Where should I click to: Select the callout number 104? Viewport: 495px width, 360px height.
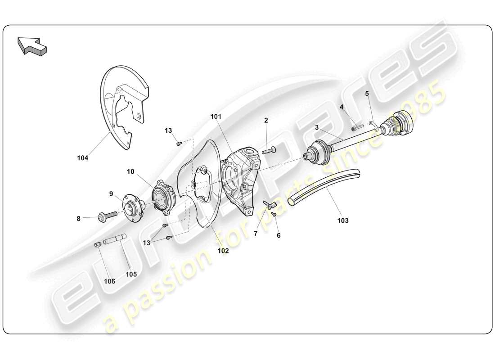point(82,158)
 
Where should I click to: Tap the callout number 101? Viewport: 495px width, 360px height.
point(216,117)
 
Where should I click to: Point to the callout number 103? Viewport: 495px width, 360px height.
point(342,221)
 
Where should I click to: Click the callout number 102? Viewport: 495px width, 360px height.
point(223,251)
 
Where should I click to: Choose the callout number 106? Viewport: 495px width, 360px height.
point(109,281)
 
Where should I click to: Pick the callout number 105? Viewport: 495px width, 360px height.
point(131,274)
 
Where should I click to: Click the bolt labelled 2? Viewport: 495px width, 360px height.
point(269,151)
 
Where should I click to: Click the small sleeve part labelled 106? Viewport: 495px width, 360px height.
point(97,244)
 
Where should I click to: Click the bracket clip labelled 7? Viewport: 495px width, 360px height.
point(269,205)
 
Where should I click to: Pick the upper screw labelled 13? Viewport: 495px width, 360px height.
point(179,143)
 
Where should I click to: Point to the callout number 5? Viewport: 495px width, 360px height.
point(367,94)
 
